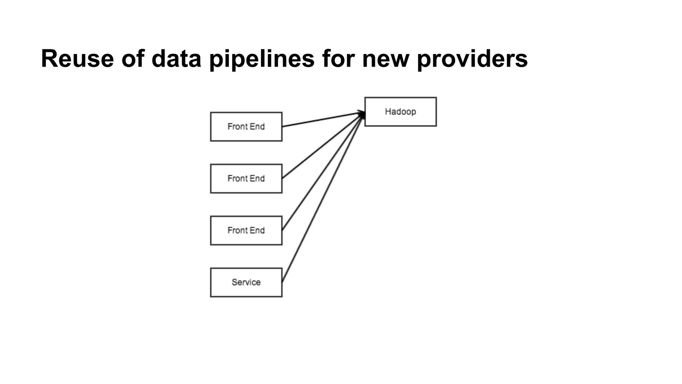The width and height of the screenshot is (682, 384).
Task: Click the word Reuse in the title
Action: click(x=77, y=59)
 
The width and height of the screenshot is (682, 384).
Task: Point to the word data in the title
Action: click(x=176, y=59)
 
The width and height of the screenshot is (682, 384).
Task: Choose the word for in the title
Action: click(x=338, y=59)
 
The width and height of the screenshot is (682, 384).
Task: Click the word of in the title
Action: click(x=133, y=59)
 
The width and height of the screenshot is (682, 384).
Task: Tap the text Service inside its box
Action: click(x=246, y=282)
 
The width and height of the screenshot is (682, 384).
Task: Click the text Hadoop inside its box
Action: click(x=400, y=112)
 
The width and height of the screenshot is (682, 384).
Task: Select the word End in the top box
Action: click(x=257, y=127)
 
